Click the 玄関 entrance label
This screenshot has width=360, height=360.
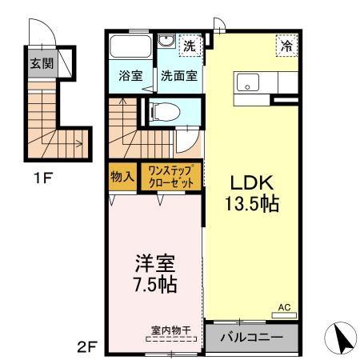pos(42,62)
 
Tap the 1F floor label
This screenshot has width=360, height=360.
pos(42,178)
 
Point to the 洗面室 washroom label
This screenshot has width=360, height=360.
pos(180,77)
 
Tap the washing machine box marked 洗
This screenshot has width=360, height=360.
pos(190,46)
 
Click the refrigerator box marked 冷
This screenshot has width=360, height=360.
pos(286,46)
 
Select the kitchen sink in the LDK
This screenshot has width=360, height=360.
pos(246,81)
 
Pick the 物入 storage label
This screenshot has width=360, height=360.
pos(122,176)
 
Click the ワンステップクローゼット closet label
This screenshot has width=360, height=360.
pos(170,176)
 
